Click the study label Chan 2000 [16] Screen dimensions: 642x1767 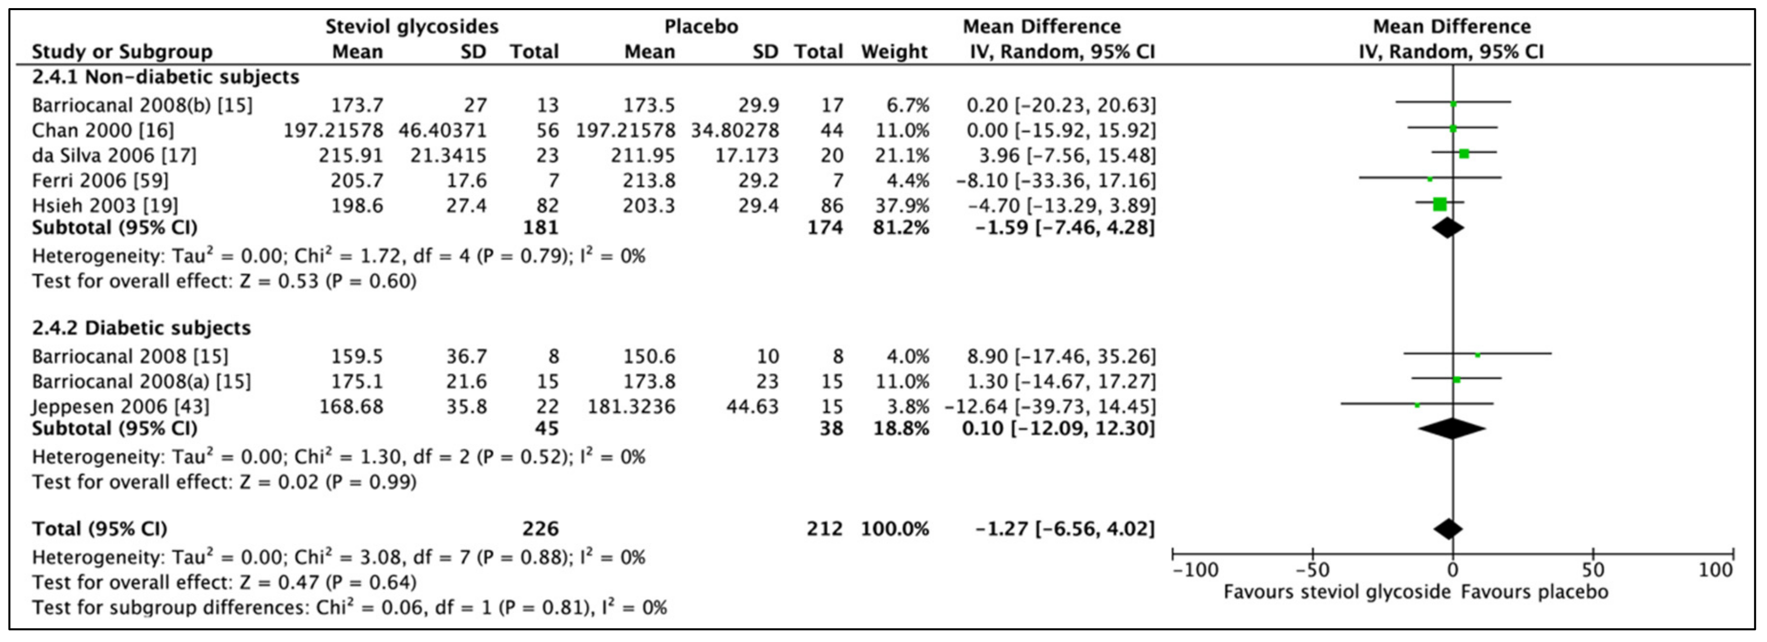103,130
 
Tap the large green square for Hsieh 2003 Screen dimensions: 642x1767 1439,204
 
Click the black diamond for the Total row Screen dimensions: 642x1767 1447,529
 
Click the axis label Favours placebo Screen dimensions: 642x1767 1534,592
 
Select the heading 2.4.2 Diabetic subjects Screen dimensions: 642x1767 142,328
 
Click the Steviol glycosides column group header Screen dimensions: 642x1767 411,27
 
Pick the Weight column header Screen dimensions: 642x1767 894,51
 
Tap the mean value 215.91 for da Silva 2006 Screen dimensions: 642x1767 351,155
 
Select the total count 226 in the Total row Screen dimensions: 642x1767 540,529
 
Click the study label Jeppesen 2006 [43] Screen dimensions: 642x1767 121,406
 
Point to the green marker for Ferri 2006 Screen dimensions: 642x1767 1430,179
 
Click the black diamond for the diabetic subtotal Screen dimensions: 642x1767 1451,429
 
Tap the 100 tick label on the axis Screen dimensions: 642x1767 1715,570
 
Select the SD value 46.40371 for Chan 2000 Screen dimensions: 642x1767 442,130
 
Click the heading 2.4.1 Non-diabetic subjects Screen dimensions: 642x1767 165,77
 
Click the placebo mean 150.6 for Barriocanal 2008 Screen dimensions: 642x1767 649,356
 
